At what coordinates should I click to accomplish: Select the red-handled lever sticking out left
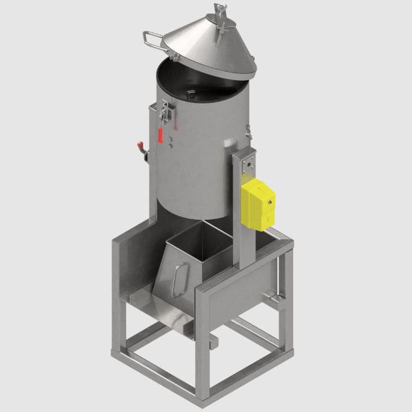[x=140, y=149]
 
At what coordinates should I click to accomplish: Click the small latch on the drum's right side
[x=249, y=133]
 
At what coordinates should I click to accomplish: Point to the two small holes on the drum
[x=170, y=140]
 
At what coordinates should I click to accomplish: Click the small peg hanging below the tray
[x=212, y=341]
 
